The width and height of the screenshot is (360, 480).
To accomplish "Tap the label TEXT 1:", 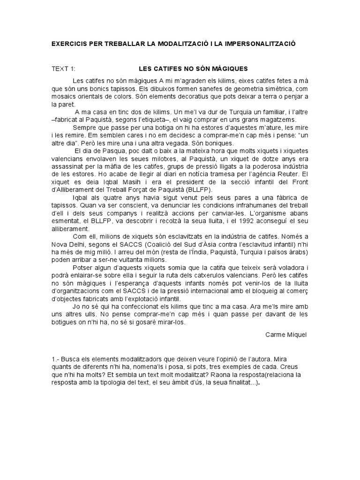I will pyautogui.click(x=63, y=68).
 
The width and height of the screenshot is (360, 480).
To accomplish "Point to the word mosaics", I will pyautogui.click(x=65, y=97).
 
